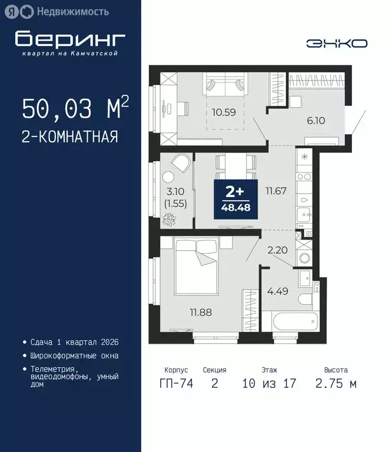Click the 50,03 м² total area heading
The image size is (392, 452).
75,109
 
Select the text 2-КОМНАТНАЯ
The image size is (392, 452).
70,137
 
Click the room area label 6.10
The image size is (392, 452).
315,121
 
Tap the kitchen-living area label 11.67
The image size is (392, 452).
275,190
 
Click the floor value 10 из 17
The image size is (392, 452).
269,384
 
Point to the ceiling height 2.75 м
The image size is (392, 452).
335,384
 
